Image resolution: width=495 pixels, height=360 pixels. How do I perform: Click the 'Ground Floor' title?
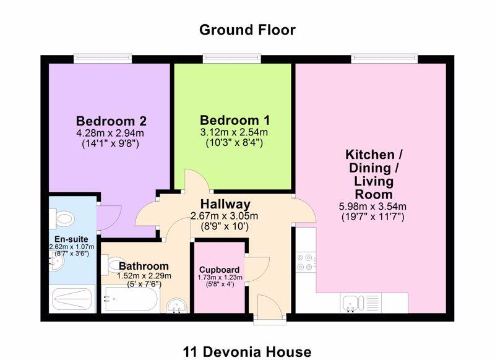[247, 30]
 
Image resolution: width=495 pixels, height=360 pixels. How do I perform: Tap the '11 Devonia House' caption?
[247, 352]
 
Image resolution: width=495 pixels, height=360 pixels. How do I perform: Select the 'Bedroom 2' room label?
[111, 121]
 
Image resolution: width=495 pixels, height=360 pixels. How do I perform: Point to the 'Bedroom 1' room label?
[235, 121]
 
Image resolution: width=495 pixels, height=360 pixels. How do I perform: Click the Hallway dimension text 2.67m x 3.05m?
[225, 216]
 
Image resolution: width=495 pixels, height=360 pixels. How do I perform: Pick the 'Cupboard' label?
[220, 270]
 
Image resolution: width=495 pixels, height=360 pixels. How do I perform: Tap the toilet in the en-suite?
[62, 218]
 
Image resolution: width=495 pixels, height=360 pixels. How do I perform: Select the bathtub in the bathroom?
[130, 299]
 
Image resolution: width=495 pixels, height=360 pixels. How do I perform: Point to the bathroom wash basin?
[177, 306]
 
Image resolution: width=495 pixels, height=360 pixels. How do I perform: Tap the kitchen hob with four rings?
[306, 262]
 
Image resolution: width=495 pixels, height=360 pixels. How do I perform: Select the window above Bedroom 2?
[103, 58]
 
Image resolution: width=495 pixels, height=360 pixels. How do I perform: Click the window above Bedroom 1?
[232, 58]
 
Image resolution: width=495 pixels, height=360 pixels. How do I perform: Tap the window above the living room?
[384, 58]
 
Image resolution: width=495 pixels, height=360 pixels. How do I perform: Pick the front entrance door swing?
[269, 304]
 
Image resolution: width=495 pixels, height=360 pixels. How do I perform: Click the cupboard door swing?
[257, 269]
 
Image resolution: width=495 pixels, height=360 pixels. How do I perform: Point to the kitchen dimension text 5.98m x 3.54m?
[372, 207]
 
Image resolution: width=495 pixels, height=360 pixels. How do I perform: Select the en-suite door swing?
[109, 218]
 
